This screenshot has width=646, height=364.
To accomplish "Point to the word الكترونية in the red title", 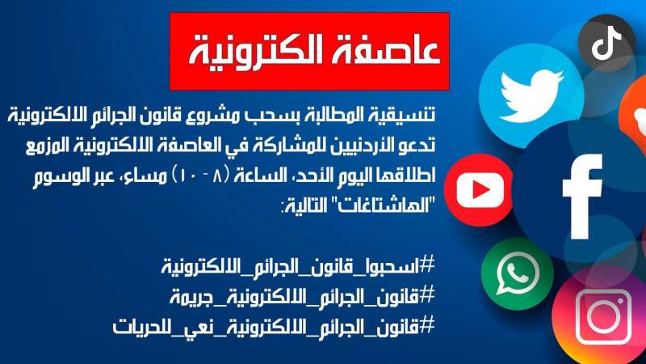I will click(258, 49).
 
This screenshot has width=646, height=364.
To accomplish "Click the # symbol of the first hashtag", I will click(429, 265).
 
